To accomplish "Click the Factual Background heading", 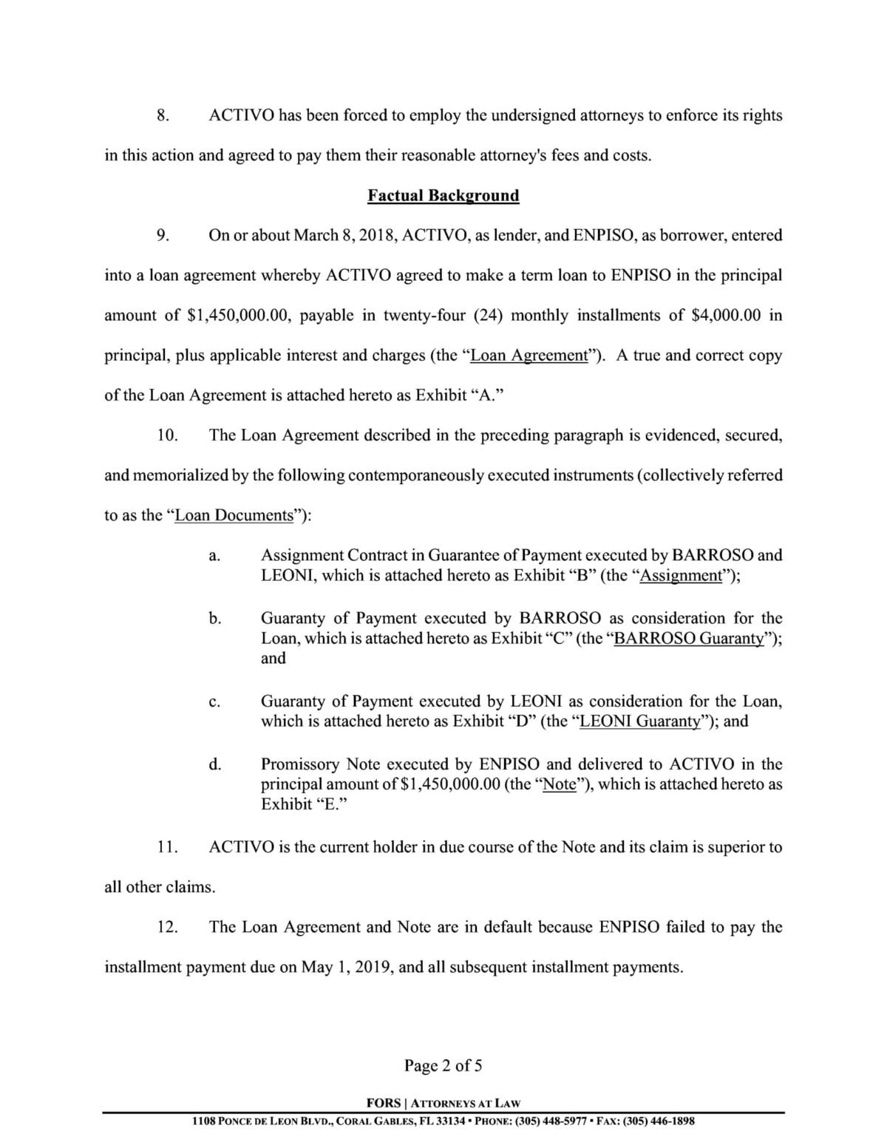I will [443, 196].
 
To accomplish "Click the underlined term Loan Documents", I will [234, 515].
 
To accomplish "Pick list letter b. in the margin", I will [214, 619].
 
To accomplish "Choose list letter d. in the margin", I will [214, 764].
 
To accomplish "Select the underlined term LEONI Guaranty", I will [640, 721].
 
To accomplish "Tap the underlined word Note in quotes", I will [559, 784].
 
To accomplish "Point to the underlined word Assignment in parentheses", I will [680, 576].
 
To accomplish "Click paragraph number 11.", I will [166, 847].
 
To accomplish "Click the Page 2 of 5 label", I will [443, 1065].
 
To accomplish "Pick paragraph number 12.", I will [166, 927].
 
